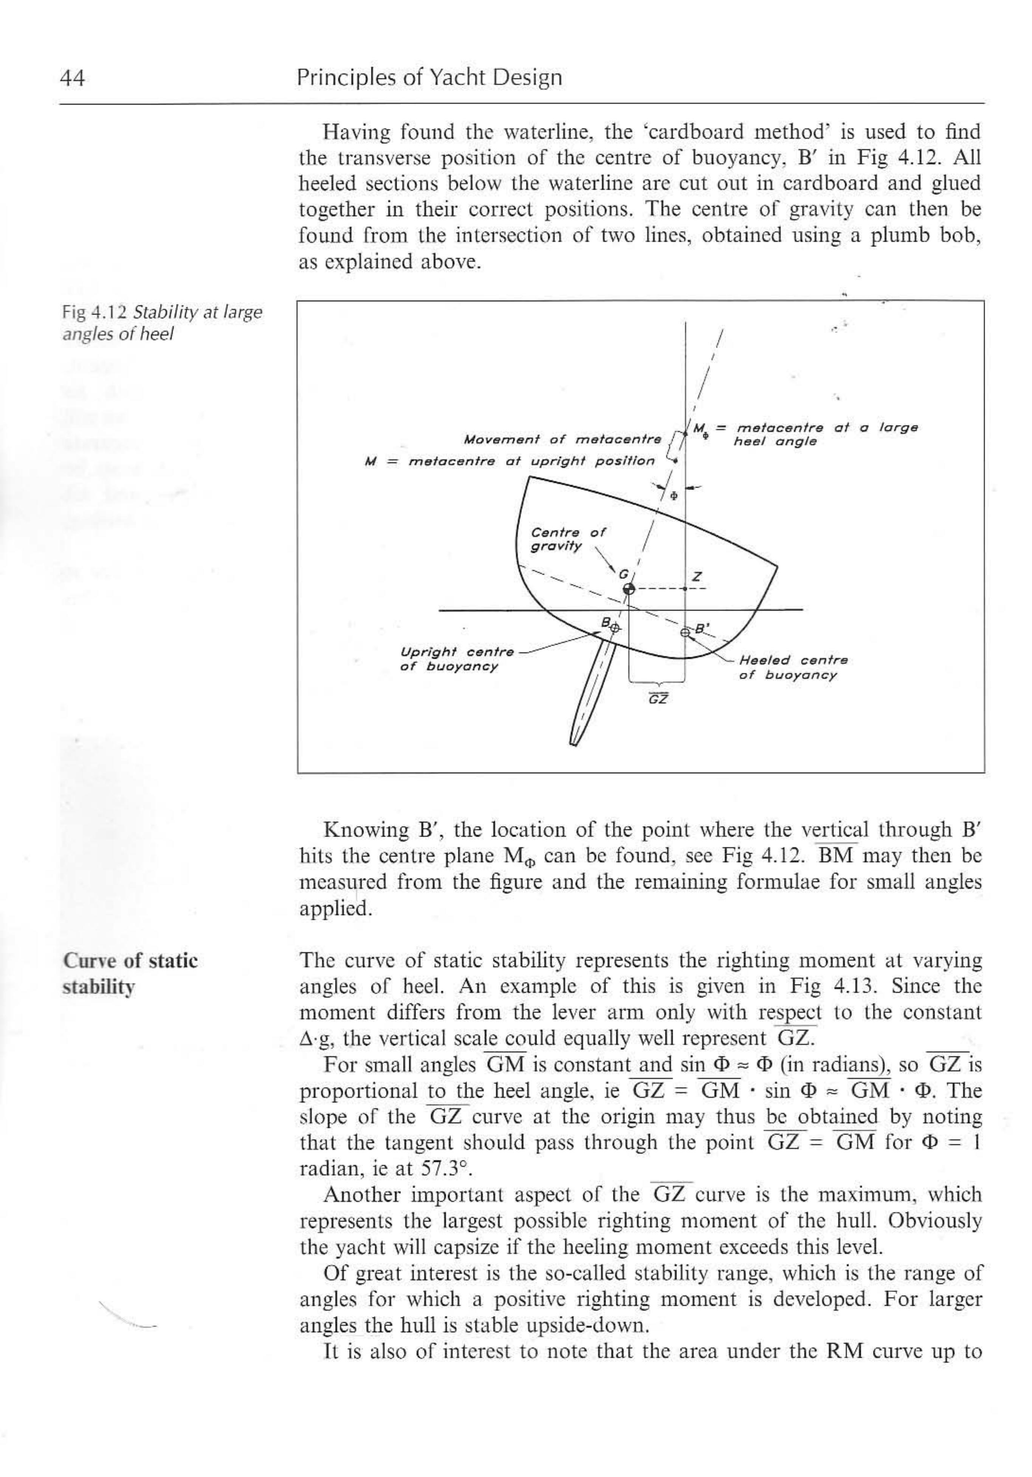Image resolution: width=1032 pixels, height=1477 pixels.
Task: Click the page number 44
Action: [72, 78]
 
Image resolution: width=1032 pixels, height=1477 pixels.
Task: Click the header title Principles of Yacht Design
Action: [429, 78]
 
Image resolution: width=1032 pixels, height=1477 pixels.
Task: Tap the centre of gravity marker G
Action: [629, 589]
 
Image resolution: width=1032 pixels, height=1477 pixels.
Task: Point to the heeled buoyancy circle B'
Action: [685, 632]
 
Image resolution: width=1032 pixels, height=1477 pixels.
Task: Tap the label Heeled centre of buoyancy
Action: [793, 667]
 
